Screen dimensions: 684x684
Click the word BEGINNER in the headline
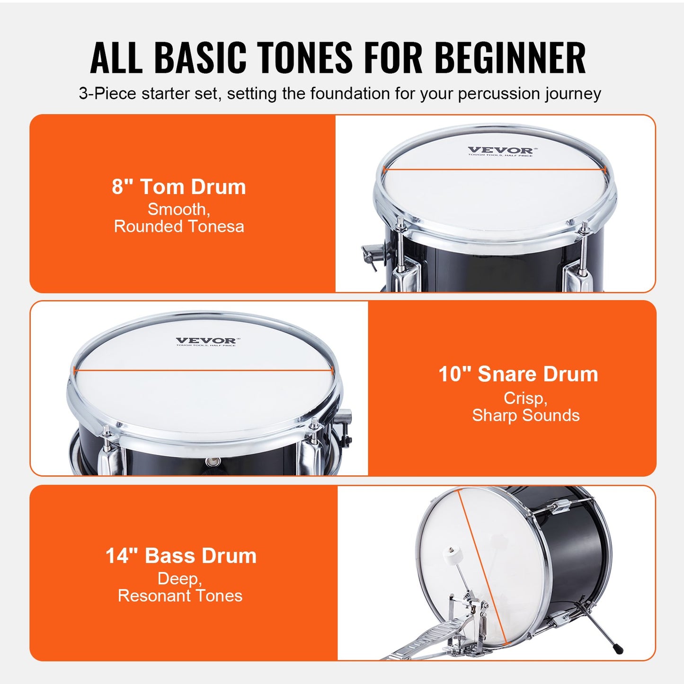(x=510, y=58)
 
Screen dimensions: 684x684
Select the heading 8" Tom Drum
(x=179, y=187)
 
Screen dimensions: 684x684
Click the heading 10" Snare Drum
(x=518, y=374)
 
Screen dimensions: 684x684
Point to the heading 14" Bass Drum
(x=181, y=556)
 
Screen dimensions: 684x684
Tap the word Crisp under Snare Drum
(x=525, y=398)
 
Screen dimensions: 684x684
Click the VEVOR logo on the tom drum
(x=500, y=151)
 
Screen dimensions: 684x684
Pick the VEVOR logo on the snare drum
(x=205, y=341)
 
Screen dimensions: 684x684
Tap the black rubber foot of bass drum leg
(x=618, y=648)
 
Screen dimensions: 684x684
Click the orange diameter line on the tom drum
(x=494, y=169)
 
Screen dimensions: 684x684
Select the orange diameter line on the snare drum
(x=204, y=370)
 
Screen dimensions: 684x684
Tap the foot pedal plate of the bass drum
(x=417, y=644)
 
